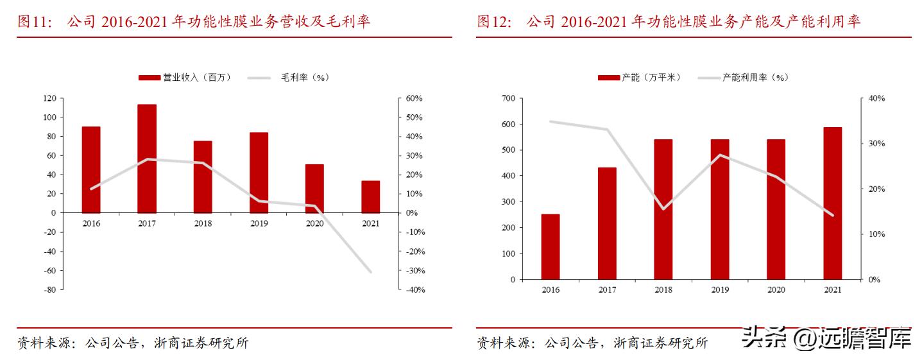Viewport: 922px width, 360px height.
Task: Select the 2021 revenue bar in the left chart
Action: [370, 196]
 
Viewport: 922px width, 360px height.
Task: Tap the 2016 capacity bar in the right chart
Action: [551, 246]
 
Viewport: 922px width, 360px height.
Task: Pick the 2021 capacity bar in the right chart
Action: [832, 203]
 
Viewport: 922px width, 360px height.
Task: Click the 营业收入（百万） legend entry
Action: [185, 78]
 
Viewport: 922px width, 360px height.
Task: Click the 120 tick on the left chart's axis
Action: [49, 98]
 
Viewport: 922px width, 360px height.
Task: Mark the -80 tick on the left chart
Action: [49, 289]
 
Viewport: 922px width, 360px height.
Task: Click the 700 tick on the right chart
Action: [509, 98]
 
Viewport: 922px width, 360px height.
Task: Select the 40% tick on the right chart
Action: [876, 98]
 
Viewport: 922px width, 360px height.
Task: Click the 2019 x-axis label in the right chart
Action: [720, 290]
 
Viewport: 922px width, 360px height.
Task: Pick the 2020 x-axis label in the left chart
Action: [314, 223]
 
